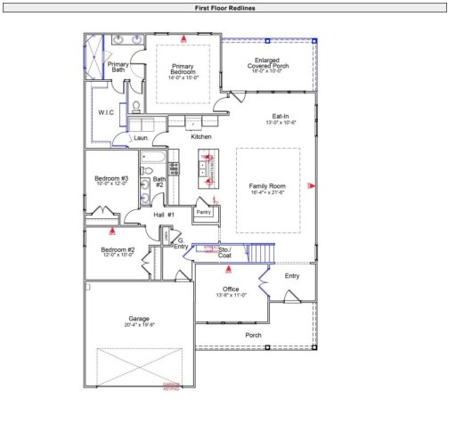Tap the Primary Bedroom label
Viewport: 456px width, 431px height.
(x=183, y=68)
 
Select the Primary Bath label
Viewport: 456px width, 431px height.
(x=118, y=68)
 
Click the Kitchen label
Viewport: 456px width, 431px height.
(x=201, y=136)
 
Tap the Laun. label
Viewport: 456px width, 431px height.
(x=140, y=139)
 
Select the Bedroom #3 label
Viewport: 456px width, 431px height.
(x=111, y=179)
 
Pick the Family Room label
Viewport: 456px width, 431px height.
(x=265, y=186)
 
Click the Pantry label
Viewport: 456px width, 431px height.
(x=204, y=212)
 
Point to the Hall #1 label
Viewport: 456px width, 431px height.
(x=164, y=215)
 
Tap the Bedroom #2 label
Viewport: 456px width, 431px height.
(x=118, y=250)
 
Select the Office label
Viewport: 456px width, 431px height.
(x=231, y=289)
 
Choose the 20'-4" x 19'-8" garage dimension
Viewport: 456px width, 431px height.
(x=139, y=325)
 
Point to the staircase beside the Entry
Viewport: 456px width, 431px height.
(x=257, y=254)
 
